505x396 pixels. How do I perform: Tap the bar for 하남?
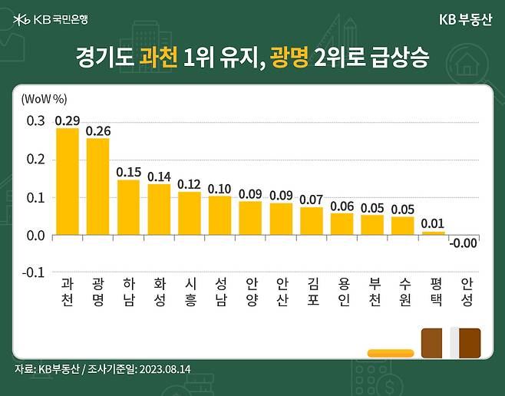pyautogui.click(x=128, y=207)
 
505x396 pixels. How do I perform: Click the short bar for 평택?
pyautogui.click(x=433, y=233)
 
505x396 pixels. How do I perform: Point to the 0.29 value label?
pyautogui.click(x=68, y=120)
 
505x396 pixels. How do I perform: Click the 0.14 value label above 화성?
pyautogui.click(x=159, y=177)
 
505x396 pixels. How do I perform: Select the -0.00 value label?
pyautogui.click(x=464, y=243)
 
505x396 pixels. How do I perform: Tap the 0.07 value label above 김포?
pyautogui.click(x=312, y=200)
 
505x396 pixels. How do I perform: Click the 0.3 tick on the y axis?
pyautogui.click(x=36, y=121)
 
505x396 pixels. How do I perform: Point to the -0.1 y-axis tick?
pyautogui.click(x=35, y=272)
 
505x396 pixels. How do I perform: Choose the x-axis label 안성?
pyautogui.click(x=464, y=291)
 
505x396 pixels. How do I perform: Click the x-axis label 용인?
pyautogui.click(x=342, y=291)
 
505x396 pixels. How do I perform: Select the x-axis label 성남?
pyautogui.click(x=220, y=291)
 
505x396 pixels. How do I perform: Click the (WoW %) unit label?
pyautogui.click(x=45, y=99)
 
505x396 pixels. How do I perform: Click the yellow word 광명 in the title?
pyautogui.click(x=289, y=57)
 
